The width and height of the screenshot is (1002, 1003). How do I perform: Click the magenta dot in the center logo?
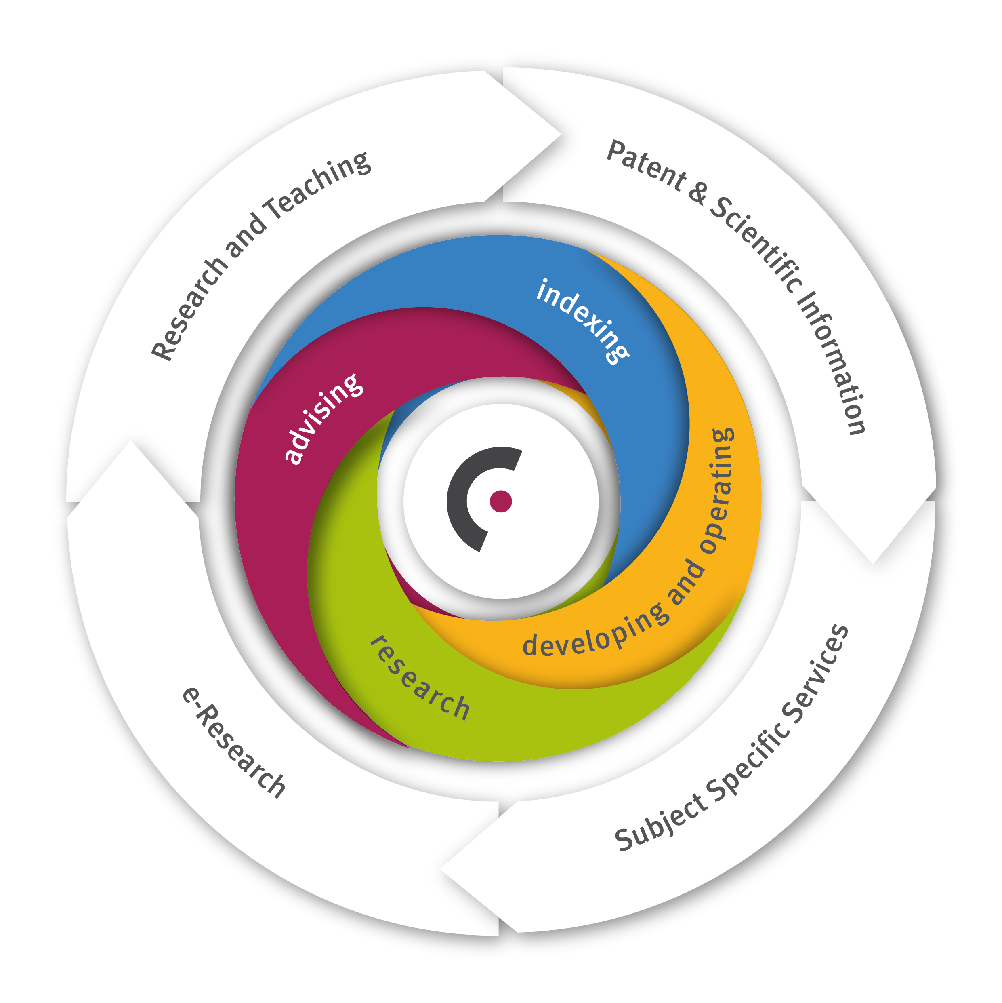coord(501,501)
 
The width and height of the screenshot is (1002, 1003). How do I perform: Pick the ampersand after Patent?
coord(698,193)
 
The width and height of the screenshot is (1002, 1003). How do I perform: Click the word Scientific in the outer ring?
coord(757,244)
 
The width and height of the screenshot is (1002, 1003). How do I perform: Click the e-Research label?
coord(234,743)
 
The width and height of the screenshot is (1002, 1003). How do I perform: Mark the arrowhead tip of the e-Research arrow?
coord(130,442)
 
